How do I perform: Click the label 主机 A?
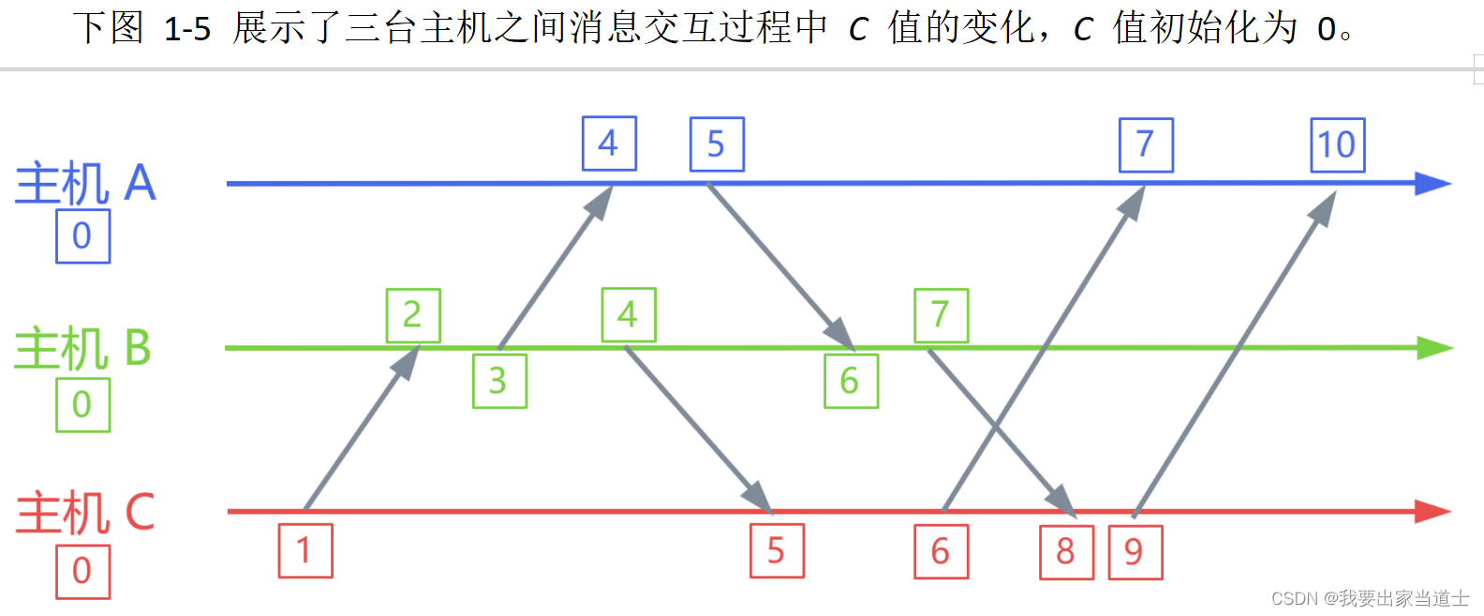pyautogui.click(x=85, y=183)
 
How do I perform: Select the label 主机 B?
pyautogui.click(x=82, y=348)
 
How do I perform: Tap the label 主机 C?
pyautogui.click(x=85, y=513)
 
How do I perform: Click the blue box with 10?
pyautogui.click(x=1337, y=145)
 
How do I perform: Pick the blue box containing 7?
pyautogui.click(x=1146, y=145)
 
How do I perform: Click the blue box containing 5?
pyautogui.click(x=717, y=144)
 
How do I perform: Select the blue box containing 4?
pyautogui.click(x=609, y=143)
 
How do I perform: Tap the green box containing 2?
pyautogui.click(x=413, y=316)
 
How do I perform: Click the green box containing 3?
pyautogui.click(x=499, y=381)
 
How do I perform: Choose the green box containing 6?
pyautogui.click(x=851, y=381)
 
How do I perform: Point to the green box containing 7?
pyautogui.click(x=941, y=316)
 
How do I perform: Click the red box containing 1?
pyautogui.click(x=305, y=550)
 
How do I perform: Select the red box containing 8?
pyautogui.click(x=1066, y=552)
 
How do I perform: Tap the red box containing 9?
pyautogui.click(x=1135, y=552)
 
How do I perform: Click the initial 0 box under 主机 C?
pyautogui.click(x=82, y=570)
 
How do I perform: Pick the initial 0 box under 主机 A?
pyautogui.click(x=82, y=235)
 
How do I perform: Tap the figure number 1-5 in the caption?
pyautogui.click(x=187, y=29)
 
